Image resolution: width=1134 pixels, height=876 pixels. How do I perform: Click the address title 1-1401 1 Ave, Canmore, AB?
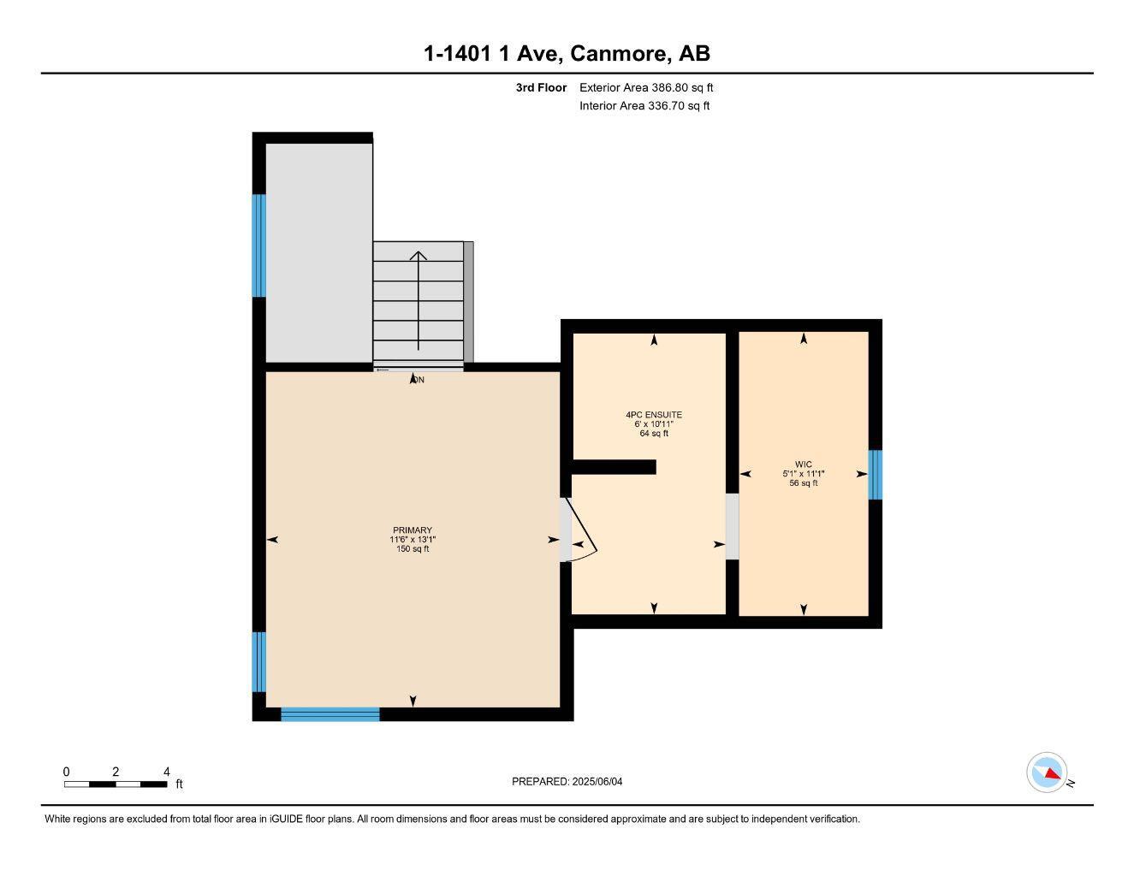point(567,54)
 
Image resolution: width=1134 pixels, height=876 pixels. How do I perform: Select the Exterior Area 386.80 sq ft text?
point(646,87)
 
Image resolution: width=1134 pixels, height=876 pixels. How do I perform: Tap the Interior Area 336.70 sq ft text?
point(644,106)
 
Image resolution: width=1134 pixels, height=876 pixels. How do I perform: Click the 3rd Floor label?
point(541,87)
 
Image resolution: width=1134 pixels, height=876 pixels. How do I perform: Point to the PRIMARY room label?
point(413,530)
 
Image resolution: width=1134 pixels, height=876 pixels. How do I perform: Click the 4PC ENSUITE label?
point(654,415)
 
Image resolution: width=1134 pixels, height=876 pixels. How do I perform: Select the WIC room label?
point(803,465)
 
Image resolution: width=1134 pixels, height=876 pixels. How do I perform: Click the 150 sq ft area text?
point(413,549)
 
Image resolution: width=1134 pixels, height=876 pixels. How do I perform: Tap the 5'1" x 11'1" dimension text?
point(803,474)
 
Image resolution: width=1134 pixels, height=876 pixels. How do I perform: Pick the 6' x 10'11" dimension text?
point(654,424)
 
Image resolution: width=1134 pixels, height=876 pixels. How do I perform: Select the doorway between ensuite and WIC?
point(732,526)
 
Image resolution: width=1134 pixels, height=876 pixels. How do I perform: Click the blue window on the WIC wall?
point(875,475)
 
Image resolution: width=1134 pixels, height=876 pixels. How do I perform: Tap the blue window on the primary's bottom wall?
point(330,714)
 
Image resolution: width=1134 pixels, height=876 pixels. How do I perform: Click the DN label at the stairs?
point(417,379)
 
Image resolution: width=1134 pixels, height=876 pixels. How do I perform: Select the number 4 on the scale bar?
point(167,772)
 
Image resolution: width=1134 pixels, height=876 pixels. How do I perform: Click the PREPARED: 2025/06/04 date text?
point(567,781)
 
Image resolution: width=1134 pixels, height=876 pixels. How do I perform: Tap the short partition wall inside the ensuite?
point(614,466)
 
